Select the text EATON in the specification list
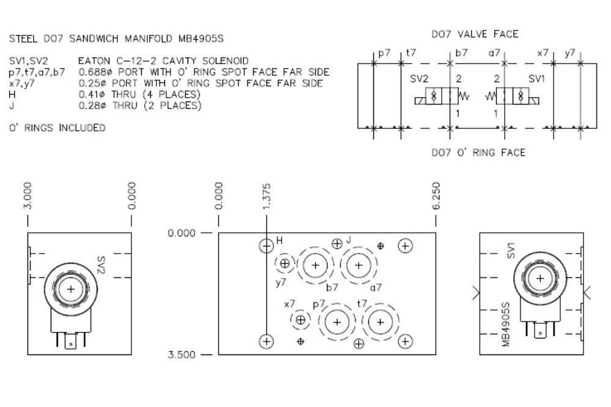coord(93,62)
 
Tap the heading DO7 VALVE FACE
coord(475,34)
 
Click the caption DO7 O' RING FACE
coord(478,152)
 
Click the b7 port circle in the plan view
coord(316,265)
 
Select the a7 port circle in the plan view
coord(358,265)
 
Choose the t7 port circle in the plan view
coord(380,321)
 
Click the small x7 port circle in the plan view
coord(300,320)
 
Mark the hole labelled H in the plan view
coord(266,246)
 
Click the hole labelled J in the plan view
coord(337,243)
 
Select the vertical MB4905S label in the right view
coord(506,324)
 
